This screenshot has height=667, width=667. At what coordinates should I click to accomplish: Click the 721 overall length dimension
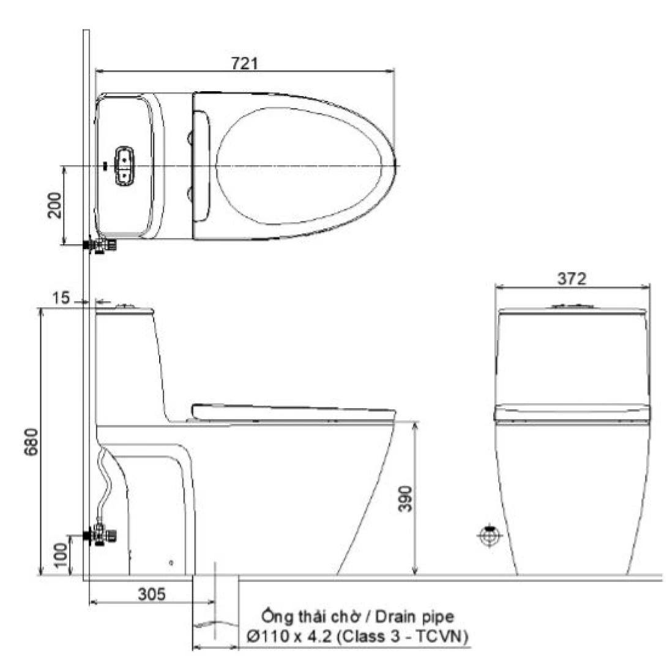pos(244,64)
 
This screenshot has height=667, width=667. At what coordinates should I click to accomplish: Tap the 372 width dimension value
pos(572,279)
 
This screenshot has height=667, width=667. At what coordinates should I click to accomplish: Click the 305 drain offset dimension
pos(151,594)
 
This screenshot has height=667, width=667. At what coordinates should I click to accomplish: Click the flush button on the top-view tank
pos(124,165)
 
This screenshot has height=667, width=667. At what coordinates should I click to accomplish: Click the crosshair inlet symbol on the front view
pos(489,536)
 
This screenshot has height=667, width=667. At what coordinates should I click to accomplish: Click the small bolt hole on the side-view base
pos(171,562)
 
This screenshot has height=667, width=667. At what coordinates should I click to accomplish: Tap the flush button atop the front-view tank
pos(572,305)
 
